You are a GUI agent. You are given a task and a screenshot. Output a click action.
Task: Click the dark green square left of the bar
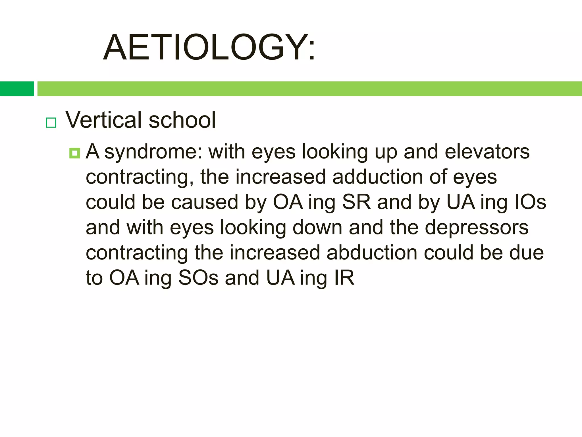17,89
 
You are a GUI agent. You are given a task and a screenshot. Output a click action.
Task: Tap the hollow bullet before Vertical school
51,123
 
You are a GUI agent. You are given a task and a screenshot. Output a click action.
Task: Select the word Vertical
104,120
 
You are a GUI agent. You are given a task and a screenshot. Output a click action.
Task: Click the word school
182,120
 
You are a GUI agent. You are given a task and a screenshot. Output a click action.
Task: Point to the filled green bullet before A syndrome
75,153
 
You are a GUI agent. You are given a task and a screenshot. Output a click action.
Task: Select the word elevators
487,152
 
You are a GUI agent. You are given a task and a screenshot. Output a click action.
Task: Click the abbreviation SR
356,202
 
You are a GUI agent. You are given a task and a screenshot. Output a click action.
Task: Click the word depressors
477,228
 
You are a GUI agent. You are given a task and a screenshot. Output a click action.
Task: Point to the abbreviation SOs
198,278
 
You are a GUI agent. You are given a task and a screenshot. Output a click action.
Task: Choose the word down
317,228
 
